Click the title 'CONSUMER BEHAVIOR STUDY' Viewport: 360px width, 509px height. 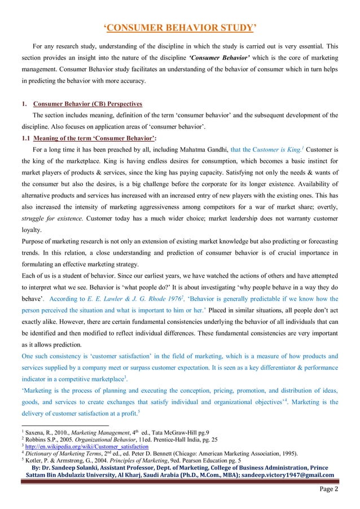180,27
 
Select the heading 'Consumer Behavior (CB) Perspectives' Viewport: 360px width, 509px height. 88,104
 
